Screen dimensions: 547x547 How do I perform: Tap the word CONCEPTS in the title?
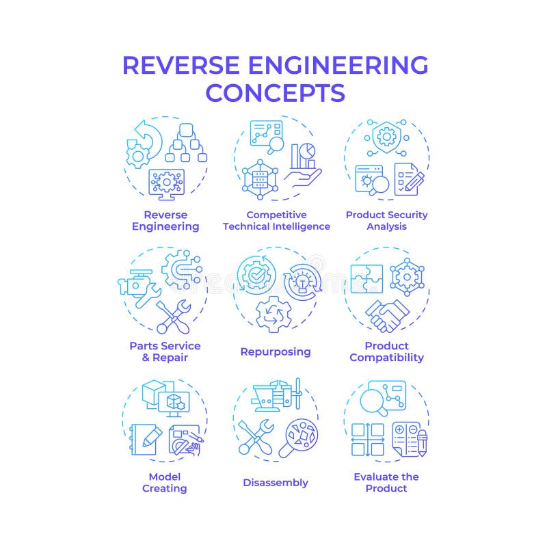pos(275,92)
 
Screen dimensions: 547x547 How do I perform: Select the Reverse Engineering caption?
pos(165,220)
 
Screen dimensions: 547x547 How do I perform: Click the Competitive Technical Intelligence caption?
pos(276,220)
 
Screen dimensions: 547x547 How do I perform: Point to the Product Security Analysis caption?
pos(386,220)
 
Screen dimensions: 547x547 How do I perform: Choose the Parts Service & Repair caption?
pos(165,351)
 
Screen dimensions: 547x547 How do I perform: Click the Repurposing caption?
pos(276,351)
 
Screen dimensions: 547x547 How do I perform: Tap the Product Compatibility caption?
pos(386,351)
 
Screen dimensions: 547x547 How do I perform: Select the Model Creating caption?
pos(165,482)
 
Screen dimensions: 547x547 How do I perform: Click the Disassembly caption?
pos(276,483)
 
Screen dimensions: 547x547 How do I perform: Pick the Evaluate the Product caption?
pos(386,482)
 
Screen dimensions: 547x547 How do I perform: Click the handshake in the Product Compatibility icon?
pos(387,315)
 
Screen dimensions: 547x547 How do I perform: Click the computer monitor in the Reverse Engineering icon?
pos(166,183)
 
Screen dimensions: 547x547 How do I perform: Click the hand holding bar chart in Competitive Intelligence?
pos(302,168)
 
